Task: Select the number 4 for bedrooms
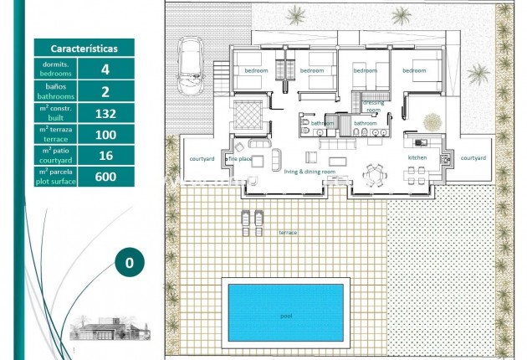105,69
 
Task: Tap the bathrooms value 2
105,90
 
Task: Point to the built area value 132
105,112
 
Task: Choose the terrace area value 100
105,134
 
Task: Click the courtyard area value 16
105,155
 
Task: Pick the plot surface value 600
105,176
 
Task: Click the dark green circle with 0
129,262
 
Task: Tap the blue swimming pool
285,311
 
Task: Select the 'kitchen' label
417,157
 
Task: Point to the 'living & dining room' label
310,172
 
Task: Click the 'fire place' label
240,158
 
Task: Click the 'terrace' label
287,232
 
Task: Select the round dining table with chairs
373,173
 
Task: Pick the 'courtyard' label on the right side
473,157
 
